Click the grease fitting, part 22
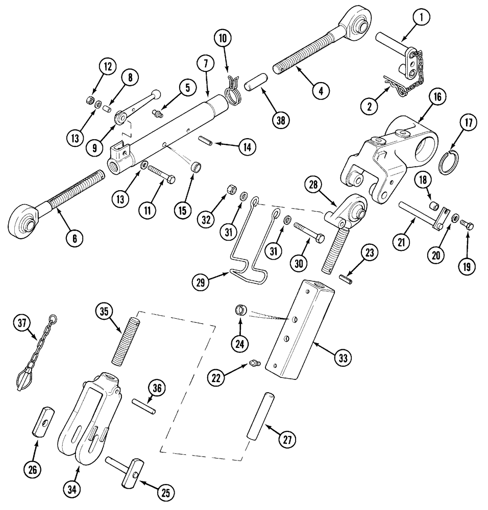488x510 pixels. [x=254, y=363]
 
